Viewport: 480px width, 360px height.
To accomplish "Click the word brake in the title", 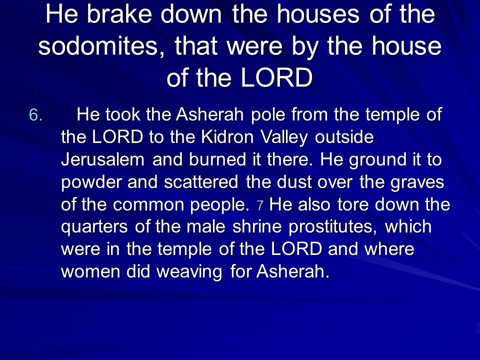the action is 119,14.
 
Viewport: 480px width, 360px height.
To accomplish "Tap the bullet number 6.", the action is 35,115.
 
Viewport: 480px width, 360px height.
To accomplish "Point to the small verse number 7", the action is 260,205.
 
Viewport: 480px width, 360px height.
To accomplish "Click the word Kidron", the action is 227,137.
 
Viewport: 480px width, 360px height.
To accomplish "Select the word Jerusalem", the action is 102,160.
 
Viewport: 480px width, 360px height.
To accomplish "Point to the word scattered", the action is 201,182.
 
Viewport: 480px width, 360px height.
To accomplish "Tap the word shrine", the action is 257,227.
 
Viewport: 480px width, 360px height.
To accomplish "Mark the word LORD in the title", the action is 276,78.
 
